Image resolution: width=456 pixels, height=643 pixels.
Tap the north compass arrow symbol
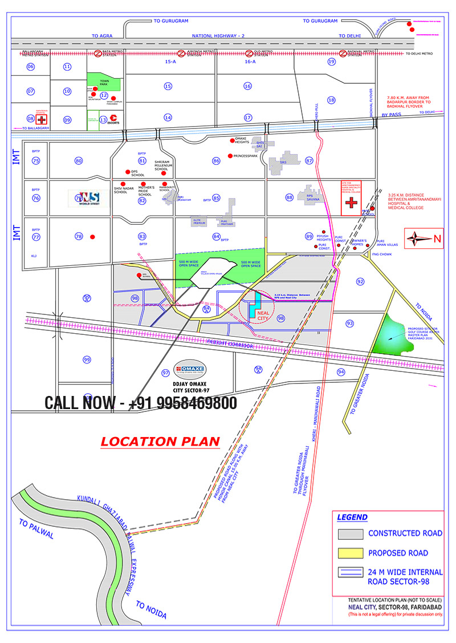(x=420, y=238)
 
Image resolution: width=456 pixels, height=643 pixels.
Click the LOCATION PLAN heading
(x=160, y=441)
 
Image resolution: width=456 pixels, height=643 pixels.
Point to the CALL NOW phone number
(x=141, y=403)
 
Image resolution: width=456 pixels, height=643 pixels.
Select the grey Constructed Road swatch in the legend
(x=351, y=534)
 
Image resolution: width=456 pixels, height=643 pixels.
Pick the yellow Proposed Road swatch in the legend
(x=351, y=553)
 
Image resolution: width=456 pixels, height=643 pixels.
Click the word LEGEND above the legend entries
(x=352, y=517)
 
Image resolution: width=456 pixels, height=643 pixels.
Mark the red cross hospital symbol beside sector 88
(x=351, y=205)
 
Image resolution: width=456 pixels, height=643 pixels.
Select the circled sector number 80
(x=79, y=160)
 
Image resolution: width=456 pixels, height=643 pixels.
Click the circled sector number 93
(x=350, y=323)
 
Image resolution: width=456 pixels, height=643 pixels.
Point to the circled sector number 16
(x=247, y=86)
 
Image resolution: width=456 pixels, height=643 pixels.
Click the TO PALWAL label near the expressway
(x=36, y=529)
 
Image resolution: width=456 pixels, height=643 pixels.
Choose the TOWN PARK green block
(x=104, y=82)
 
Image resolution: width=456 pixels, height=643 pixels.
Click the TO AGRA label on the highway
(x=103, y=35)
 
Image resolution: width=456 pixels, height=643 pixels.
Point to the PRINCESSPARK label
(x=246, y=156)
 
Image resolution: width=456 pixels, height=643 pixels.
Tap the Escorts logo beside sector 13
(x=113, y=120)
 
